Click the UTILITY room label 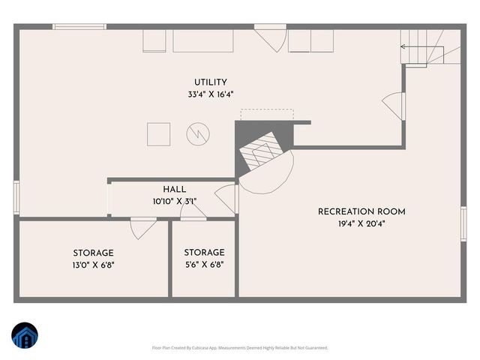[210, 82]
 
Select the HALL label [174, 190]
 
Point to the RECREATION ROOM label [352, 211]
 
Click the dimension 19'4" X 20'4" [352, 223]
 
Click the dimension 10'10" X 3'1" [174, 201]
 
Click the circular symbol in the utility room [198, 134]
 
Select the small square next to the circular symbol [159, 133]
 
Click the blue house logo [25, 336]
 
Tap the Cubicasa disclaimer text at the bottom [239, 348]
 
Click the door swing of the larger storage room [142, 227]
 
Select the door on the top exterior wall [271, 37]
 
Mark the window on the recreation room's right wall [463, 223]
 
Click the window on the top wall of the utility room [79, 27]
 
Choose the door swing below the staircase [394, 103]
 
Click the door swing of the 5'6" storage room [193, 214]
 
